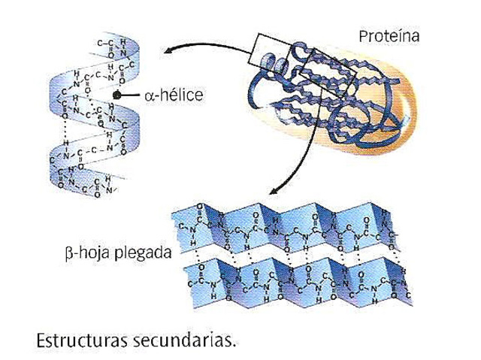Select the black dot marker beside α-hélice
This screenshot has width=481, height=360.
tap(117, 96)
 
